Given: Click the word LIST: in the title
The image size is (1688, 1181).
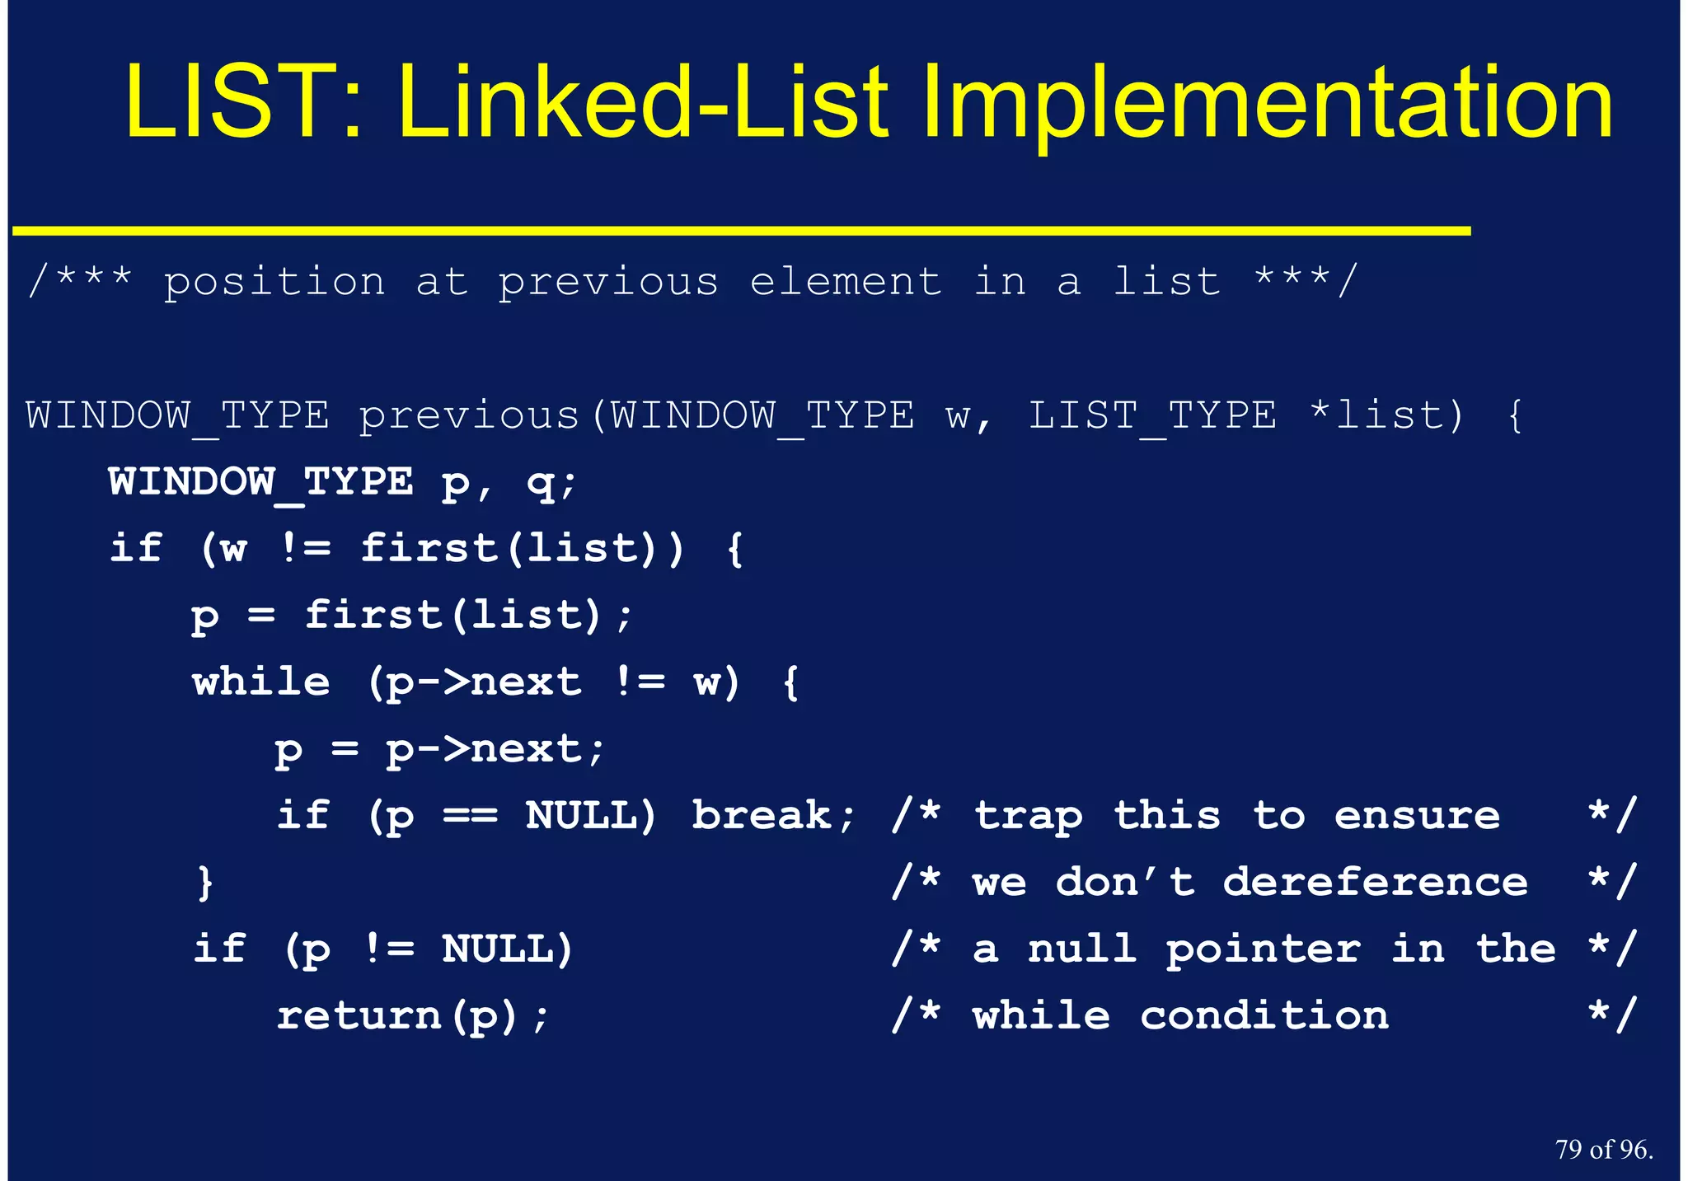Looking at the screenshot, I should tap(243, 103).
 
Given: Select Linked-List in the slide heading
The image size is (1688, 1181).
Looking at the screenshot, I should tap(644, 103).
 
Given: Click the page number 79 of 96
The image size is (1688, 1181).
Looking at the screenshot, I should tap(1604, 1149).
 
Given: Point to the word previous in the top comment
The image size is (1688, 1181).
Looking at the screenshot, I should tap(608, 283).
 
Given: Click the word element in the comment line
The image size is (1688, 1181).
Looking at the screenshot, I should tap(846, 283).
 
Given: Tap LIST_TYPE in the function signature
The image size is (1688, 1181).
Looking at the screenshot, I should tap(1152, 416).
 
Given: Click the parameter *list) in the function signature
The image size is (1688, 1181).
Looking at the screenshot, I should tap(1387, 416).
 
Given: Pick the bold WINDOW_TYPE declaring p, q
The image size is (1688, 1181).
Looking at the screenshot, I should tap(260, 482).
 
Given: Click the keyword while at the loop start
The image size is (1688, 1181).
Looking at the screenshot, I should tap(261, 683).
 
